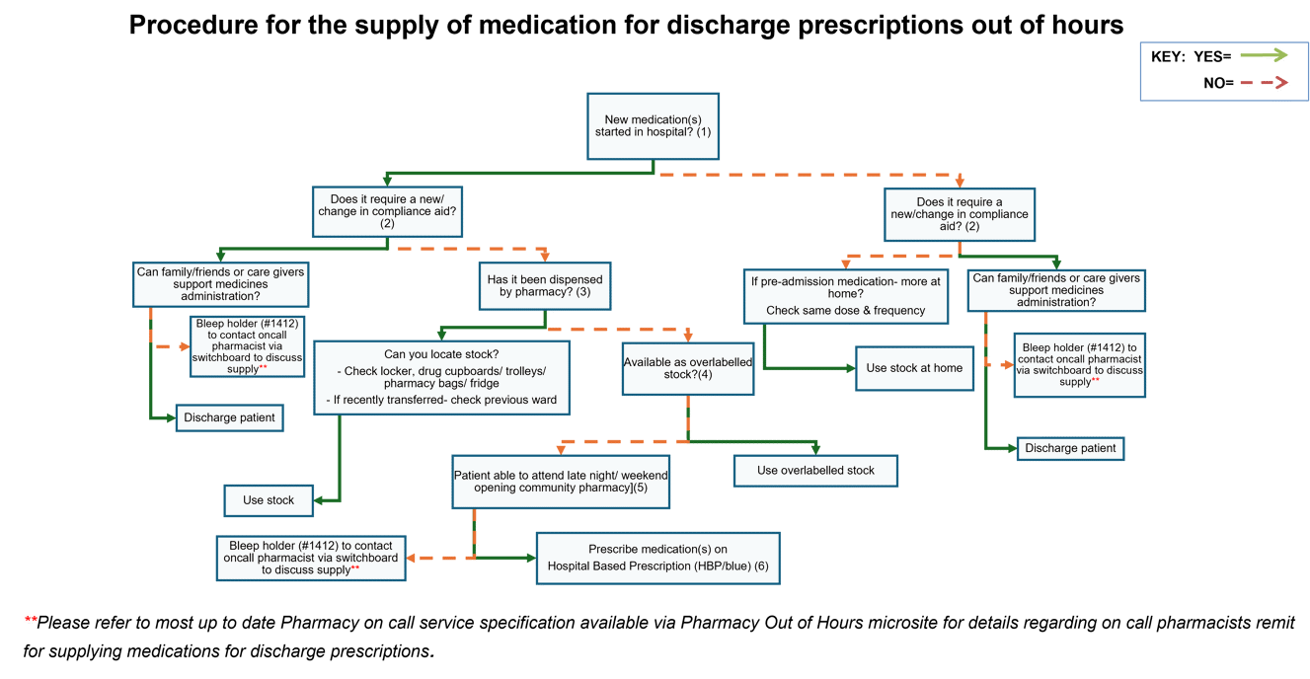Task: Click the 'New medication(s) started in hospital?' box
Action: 653,125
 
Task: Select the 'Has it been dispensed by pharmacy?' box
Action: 545,286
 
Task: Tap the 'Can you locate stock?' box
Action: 441,377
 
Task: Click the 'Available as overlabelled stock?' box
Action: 688,368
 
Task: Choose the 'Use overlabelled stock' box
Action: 815,471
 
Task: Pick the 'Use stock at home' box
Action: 914,368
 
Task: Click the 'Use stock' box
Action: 269,500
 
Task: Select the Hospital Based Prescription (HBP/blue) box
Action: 657,558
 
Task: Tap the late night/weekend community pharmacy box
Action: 561,482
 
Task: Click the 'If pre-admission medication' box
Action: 846,295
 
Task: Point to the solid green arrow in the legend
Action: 1265,55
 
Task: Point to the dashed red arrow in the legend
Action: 1265,83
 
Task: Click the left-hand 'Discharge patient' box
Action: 229,417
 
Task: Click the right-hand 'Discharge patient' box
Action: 1070,448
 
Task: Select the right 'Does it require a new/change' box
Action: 960,214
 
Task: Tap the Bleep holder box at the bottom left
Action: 311,558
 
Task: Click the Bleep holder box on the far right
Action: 1080,364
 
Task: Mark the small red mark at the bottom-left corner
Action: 30,619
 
